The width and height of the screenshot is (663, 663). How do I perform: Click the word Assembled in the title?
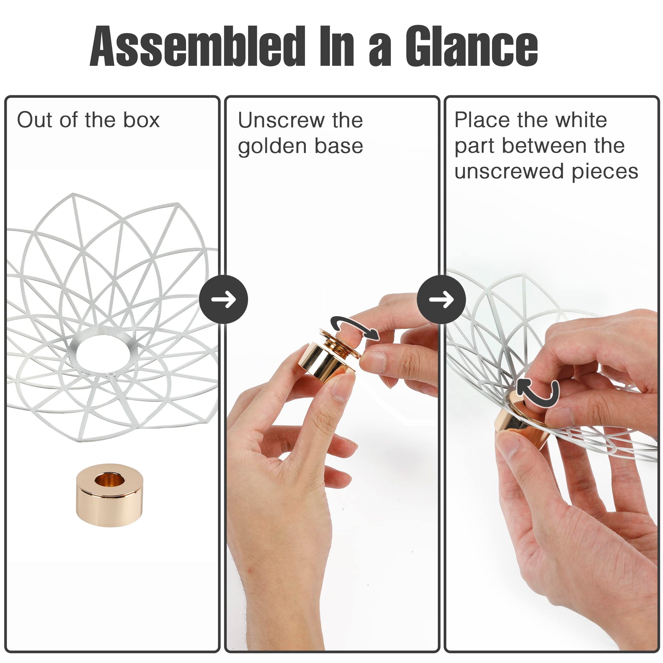197,46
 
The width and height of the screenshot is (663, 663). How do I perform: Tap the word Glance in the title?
472,46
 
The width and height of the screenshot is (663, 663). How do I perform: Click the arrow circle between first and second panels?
223,299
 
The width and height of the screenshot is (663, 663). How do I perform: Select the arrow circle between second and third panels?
441,299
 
